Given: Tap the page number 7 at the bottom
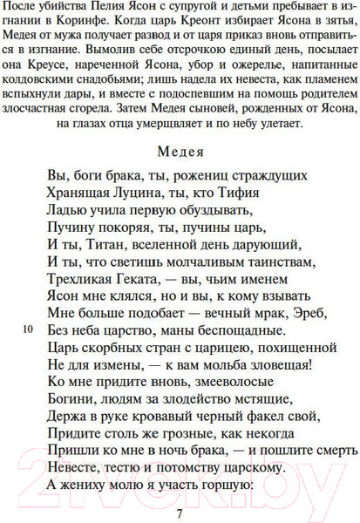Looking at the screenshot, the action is pyautogui.click(x=179, y=513).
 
